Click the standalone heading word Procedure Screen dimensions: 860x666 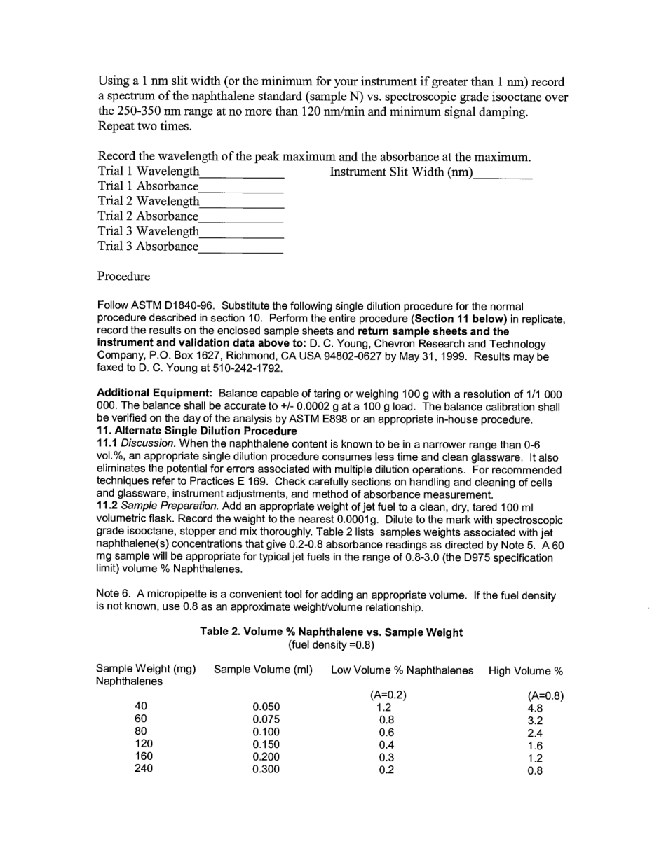123,276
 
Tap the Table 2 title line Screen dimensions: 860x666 331,632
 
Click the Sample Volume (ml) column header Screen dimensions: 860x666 263,670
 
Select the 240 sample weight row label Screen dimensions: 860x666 144,768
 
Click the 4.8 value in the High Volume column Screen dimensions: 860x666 535,708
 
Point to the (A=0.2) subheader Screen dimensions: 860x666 388,695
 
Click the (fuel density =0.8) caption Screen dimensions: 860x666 331,644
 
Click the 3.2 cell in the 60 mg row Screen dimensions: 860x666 535,721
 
